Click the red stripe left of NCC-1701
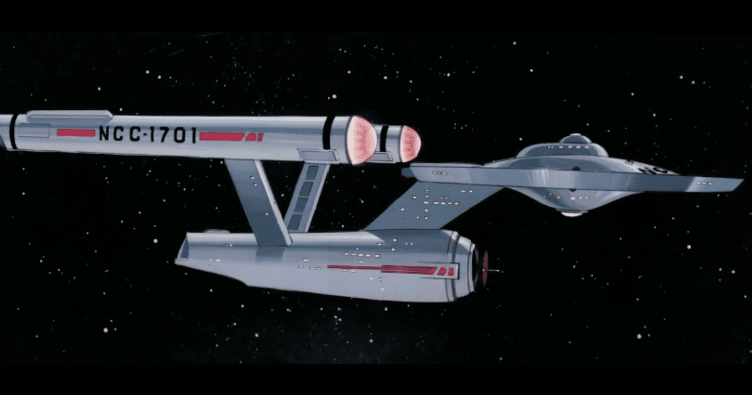(75, 132)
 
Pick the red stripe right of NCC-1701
(222, 136)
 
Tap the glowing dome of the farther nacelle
(410, 143)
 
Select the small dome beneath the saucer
(572, 213)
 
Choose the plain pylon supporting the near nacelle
(257, 201)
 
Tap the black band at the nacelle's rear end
(13, 130)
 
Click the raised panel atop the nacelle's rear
(69, 115)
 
